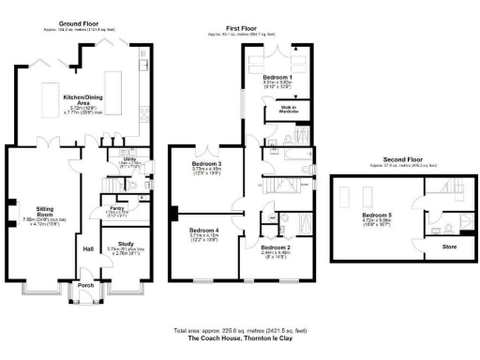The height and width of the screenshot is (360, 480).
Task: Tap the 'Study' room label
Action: point(126,243)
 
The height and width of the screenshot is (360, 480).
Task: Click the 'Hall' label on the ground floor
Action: point(88,248)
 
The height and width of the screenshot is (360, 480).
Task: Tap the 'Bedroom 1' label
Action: point(277,76)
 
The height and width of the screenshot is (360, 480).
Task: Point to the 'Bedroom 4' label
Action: point(203,230)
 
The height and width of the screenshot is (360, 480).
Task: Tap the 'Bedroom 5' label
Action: point(378,215)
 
